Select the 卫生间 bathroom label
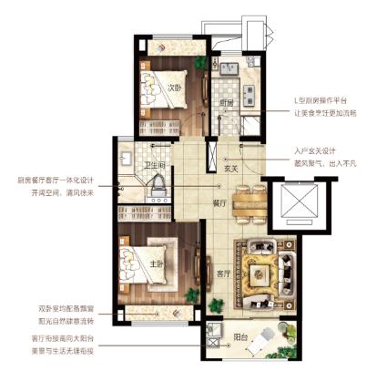154,165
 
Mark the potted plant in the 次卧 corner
199,63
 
